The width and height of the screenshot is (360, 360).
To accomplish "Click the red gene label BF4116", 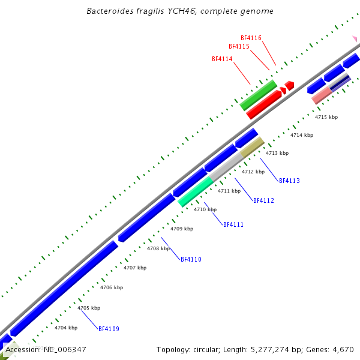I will click(x=251, y=38).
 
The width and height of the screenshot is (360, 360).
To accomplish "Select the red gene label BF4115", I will click(x=239, y=46).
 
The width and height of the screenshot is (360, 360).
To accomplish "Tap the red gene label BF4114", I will click(x=222, y=59).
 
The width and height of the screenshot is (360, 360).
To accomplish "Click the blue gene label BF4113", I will click(x=289, y=181).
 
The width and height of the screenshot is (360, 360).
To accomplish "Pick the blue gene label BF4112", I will click(x=263, y=200).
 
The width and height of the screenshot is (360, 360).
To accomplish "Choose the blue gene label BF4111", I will click(x=233, y=224).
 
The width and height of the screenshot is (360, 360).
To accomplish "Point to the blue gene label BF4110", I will click(x=191, y=259).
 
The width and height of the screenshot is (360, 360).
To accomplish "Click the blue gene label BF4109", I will click(x=109, y=329).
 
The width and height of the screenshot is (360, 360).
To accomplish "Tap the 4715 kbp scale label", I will click(x=326, y=117).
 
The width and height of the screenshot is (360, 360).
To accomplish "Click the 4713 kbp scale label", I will click(x=277, y=153).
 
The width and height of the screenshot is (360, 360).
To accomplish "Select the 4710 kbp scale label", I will click(x=205, y=209).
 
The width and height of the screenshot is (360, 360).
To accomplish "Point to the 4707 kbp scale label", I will click(x=135, y=268).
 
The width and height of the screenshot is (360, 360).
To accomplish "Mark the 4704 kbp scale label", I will click(x=66, y=328).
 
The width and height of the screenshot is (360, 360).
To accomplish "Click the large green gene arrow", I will click(x=258, y=95).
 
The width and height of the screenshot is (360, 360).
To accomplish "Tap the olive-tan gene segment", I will click(x=252, y=148).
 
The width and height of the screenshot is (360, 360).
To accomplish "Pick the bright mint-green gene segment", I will click(x=196, y=192).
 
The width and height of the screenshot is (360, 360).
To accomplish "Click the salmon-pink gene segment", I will click(x=322, y=95).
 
